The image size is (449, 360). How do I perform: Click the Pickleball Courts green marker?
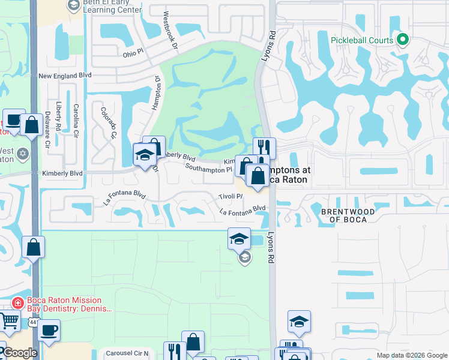point(402,41)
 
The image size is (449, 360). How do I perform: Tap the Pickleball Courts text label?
point(362,41)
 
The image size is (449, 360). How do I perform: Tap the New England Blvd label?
point(65,76)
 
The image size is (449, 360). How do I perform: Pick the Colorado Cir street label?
point(109,122)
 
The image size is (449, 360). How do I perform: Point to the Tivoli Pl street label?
point(230,197)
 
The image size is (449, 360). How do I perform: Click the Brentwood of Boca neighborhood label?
point(348,215)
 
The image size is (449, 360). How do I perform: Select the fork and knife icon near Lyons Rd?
point(264,148)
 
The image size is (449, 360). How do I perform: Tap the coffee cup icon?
point(49,329)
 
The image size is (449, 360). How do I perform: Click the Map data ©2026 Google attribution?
point(411,355)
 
